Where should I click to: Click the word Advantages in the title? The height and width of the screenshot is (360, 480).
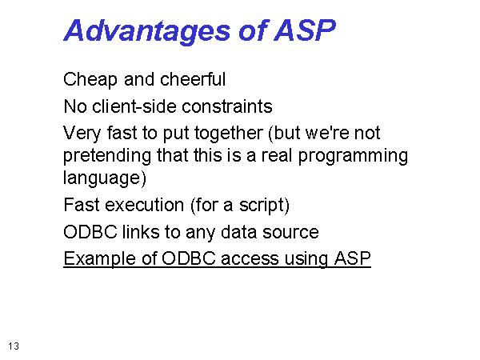[146, 31]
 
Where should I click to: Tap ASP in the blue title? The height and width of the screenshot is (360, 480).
[305, 30]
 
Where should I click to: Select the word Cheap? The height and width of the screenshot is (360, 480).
[90, 80]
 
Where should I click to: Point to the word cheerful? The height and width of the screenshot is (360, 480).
[193, 79]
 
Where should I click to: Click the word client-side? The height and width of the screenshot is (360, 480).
[134, 106]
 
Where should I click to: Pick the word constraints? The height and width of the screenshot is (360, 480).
[227, 106]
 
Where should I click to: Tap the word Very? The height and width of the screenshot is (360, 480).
[82, 134]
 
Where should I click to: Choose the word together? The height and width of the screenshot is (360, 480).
[229, 134]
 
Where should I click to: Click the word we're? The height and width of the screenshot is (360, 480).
[327, 133]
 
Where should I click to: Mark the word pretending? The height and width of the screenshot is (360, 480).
[107, 156]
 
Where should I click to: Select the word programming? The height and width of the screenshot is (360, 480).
[353, 156]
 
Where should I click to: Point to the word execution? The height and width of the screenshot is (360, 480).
[145, 205]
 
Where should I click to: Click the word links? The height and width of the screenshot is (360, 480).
[141, 231]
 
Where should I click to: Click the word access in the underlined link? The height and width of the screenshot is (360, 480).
[250, 259]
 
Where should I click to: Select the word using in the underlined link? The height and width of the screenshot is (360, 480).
[306, 259]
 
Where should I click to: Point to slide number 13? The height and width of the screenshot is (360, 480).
[14, 346]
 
